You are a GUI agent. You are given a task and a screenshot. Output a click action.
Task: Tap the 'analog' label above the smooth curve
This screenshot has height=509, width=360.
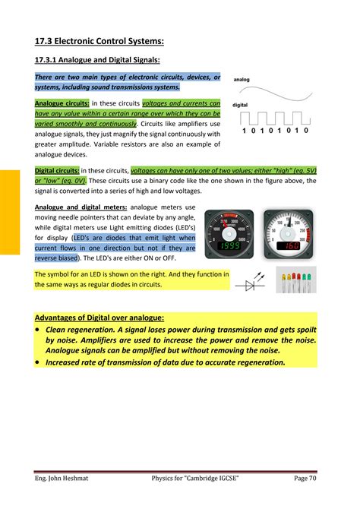pyautogui.click(x=242, y=79)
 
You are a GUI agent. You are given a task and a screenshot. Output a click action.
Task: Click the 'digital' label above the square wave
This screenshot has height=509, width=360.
pyautogui.click(x=240, y=105)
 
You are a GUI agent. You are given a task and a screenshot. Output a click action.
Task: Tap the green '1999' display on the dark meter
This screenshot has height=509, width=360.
pyautogui.click(x=227, y=247)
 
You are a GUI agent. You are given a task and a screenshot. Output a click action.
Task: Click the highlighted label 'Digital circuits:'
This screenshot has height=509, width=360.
pyautogui.click(x=56, y=171)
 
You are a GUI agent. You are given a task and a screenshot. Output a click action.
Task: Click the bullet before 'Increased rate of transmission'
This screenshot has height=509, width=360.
pyautogui.click(x=39, y=362)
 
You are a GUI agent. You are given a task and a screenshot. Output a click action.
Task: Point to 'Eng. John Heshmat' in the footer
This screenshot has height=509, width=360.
pyautogui.click(x=65, y=477)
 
